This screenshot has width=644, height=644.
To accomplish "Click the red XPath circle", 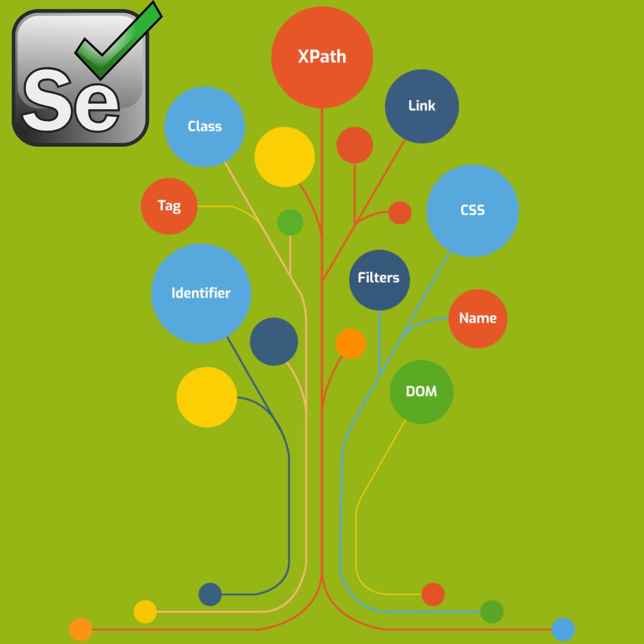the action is pos(322,57).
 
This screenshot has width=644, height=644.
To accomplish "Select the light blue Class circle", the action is pos(205,126).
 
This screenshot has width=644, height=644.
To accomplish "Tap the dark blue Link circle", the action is pos(422,106).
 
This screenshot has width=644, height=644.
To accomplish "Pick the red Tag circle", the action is pos(169,206).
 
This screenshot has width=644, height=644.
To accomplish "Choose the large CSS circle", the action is pos(473,210).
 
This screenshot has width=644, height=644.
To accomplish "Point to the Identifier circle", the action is pos(201,293).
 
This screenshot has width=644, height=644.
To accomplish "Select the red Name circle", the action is pos(478,318).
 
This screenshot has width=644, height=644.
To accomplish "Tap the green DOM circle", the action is pos(422,392).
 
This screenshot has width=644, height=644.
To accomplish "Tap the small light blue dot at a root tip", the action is pos(563,630).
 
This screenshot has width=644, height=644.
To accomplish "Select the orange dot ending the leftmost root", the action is pos(80,630).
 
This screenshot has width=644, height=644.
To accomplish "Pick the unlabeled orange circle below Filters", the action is pos(351,343).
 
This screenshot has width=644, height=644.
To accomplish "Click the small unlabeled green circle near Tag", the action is pos(290,222).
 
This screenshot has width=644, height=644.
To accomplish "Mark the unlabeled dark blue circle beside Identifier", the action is pos(274,342).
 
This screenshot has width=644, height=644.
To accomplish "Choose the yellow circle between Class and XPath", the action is pos(284,157).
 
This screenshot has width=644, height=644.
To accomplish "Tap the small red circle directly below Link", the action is pos(355,145).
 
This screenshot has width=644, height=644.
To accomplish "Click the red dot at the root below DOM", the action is pos(433,595).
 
